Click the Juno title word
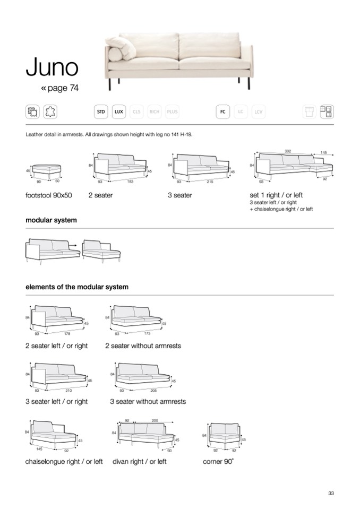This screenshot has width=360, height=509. coord(52,67)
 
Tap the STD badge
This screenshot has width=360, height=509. coord(100,111)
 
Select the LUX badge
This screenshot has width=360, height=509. coord(119,111)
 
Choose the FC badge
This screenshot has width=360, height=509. coord(222,111)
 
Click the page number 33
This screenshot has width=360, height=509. coord(331,494)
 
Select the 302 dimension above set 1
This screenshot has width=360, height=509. coord(288,151)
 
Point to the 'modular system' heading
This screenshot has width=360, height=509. coord(51,220)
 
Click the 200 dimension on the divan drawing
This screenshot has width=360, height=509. coord(155,420)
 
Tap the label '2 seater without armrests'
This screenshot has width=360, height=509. coord(143,346)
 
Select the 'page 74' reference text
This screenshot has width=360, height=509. coord(59,88)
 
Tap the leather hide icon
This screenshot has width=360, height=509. coord(52,111)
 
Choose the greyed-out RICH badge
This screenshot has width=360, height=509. coord(155,111)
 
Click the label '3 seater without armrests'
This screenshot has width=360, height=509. coord(148,401)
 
